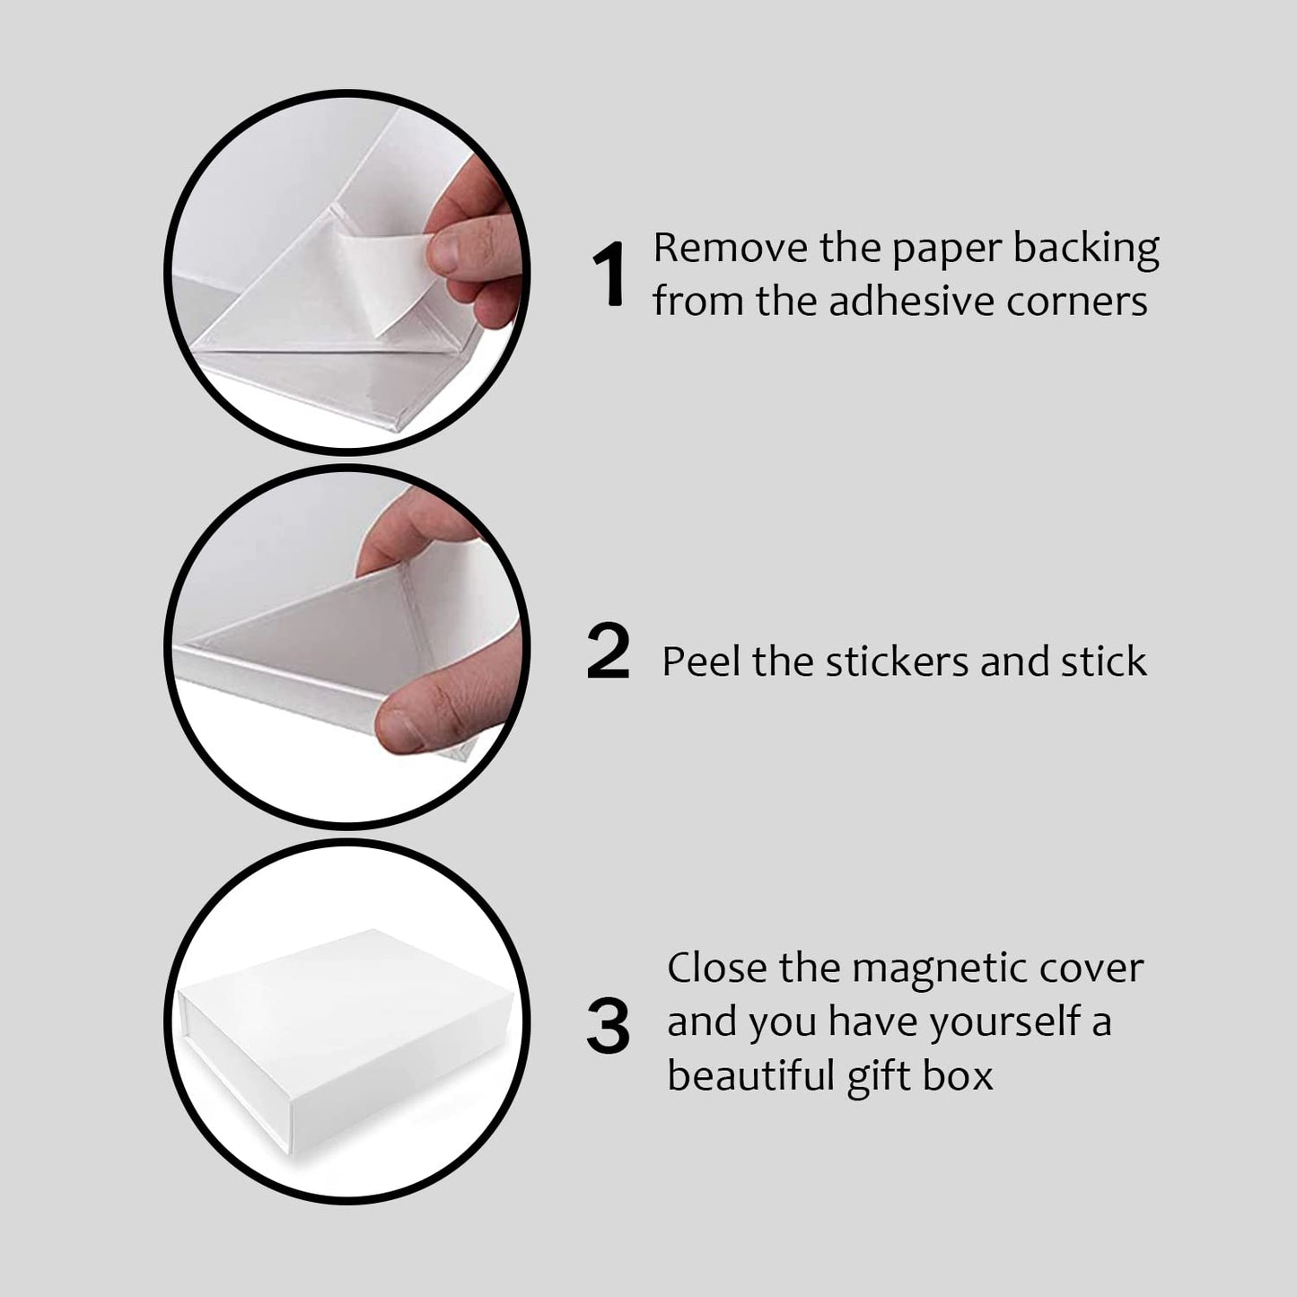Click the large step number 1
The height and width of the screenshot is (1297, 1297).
609,276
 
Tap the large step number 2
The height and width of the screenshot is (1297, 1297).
608,653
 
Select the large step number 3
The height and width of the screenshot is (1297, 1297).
608,1028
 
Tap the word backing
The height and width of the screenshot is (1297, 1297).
1086,250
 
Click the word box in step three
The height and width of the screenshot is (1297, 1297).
958,1075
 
